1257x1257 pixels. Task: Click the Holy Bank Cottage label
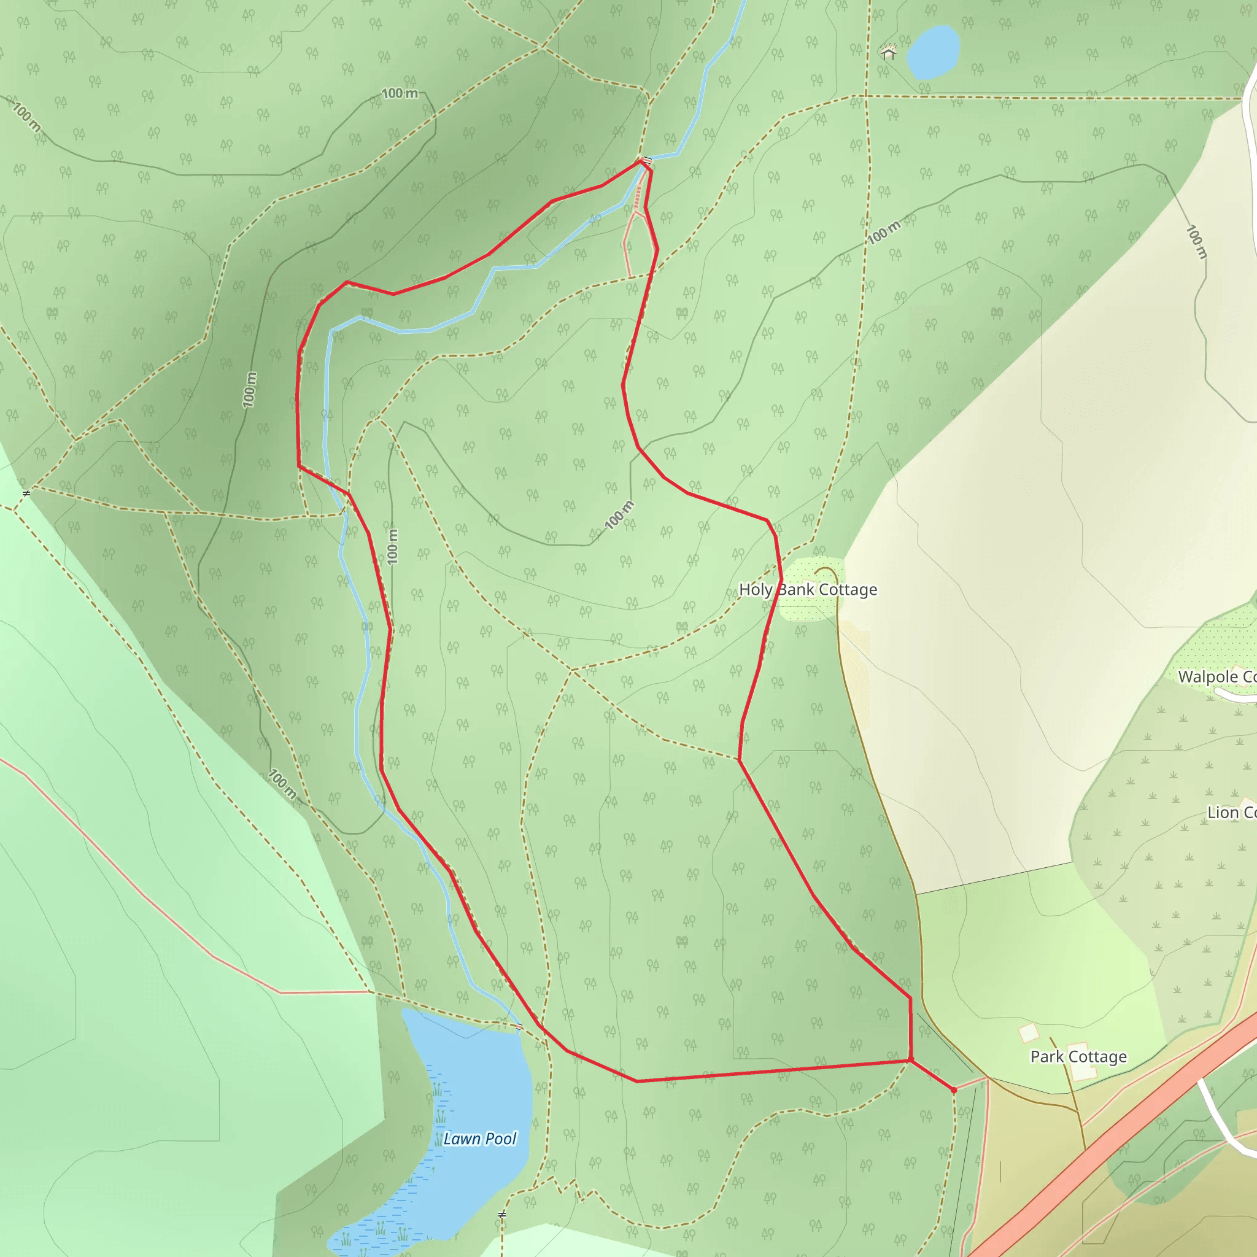pyautogui.click(x=808, y=589)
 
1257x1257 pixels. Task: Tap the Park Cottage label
pyautogui.click(x=1078, y=1057)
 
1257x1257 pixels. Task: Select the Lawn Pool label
pyautogui.click(x=479, y=1139)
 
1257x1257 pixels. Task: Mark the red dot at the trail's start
pyautogui.click(x=954, y=1090)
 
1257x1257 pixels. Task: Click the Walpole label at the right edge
pyautogui.click(x=1216, y=676)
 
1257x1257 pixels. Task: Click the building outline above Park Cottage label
pyautogui.click(x=1029, y=1032)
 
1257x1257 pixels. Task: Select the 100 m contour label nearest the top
pyautogui.click(x=400, y=94)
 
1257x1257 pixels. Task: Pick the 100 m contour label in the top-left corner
pyautogui.click(x=26, y=117)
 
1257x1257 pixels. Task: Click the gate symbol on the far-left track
pyautogui.click(x=26, y=494)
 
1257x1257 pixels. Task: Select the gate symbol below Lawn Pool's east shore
pyautogui.click(x=501, y=1215)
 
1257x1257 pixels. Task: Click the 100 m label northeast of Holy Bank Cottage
pyautogui.click(x=884, y=232)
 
